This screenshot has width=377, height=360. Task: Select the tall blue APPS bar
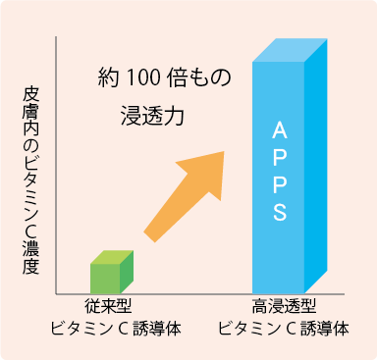[279, 177]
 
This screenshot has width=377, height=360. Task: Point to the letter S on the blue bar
[279, 212]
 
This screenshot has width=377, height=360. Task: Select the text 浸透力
[145, 114]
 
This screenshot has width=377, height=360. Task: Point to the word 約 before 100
[110, 77]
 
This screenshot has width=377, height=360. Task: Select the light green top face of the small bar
[111, 257]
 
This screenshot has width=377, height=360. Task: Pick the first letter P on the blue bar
[279, 158]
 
